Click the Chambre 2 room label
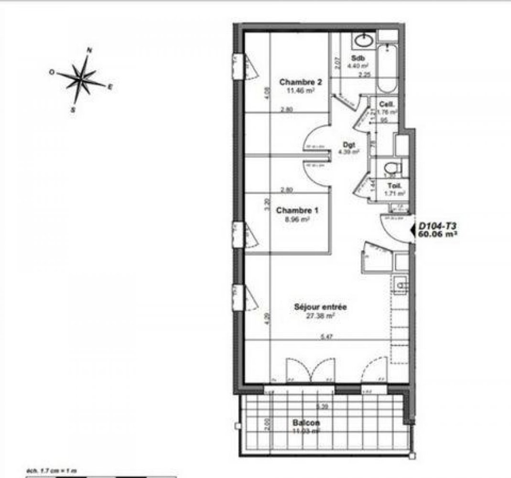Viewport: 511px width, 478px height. coord(300,82)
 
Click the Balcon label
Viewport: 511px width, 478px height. coord(306,423)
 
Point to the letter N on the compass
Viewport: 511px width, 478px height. coord(89,50)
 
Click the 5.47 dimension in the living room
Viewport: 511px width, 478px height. coord(327,337)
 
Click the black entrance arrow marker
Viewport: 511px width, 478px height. coord(412,230)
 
